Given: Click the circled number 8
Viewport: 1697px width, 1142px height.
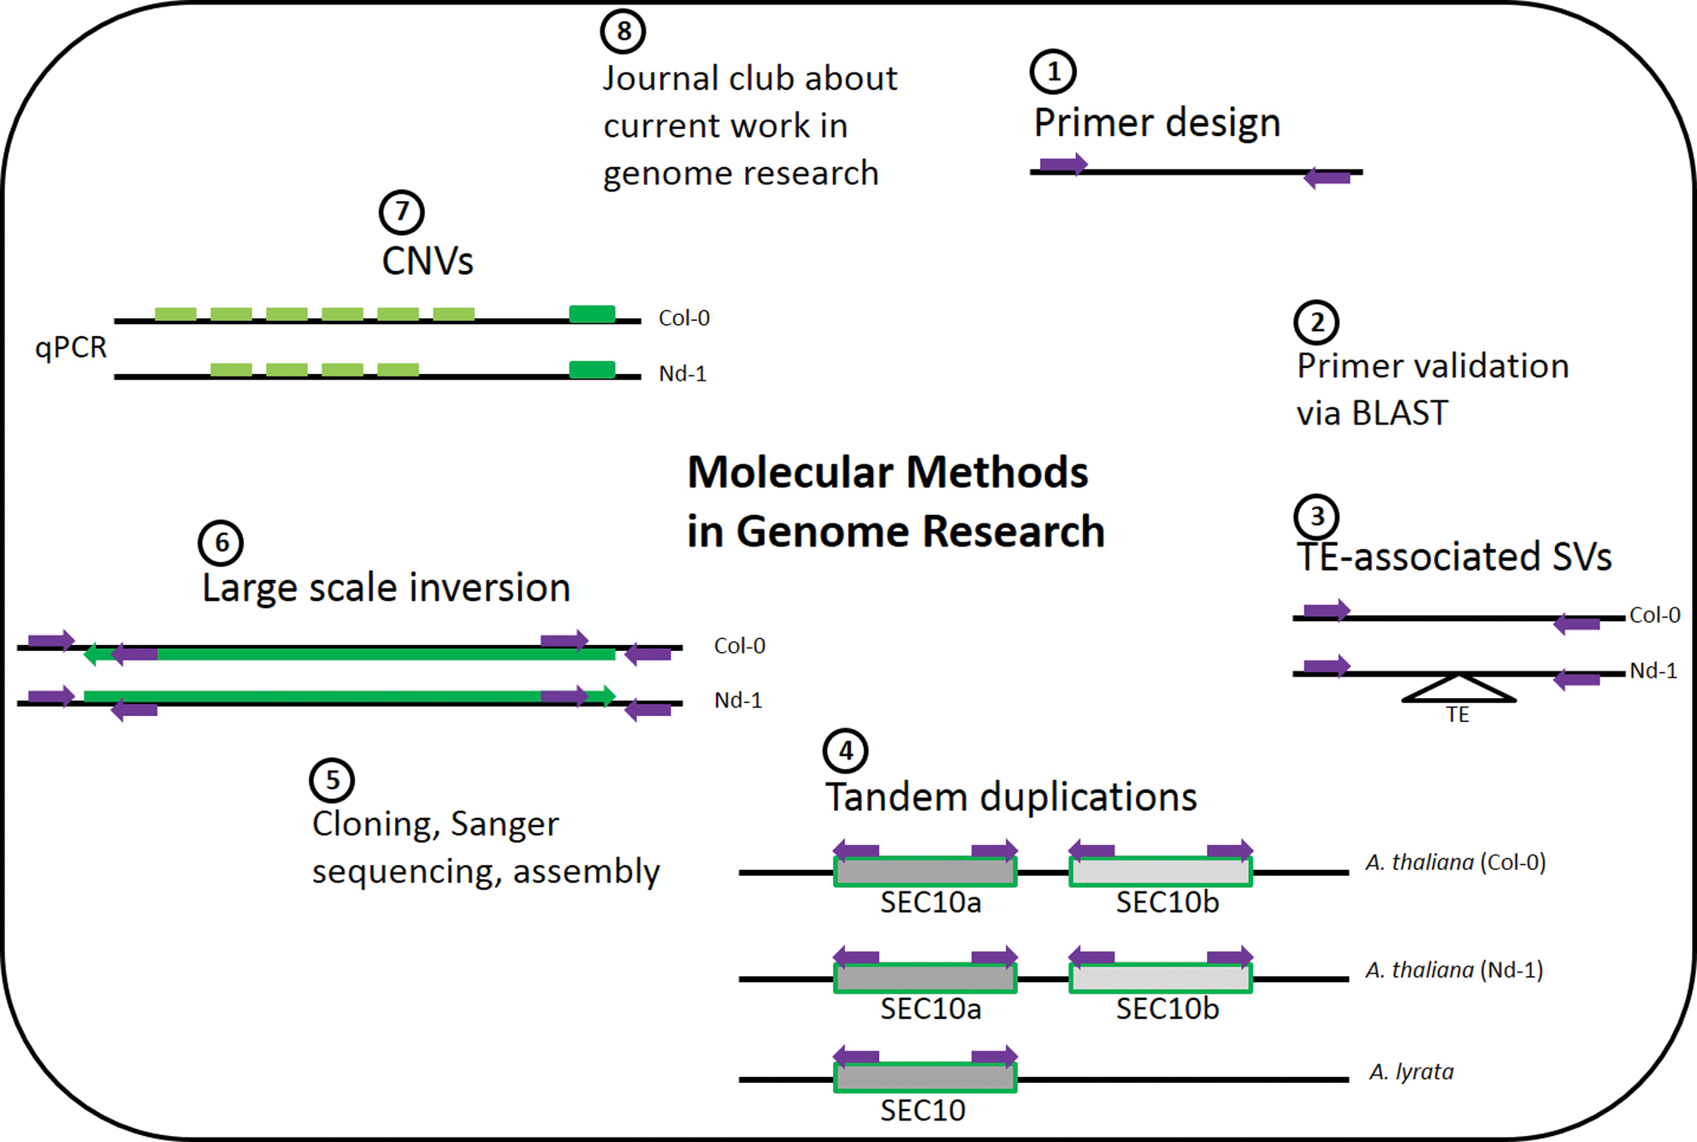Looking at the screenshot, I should click(x=623, y=32).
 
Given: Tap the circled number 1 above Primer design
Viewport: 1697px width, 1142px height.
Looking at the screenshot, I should click(x=1053, y=72).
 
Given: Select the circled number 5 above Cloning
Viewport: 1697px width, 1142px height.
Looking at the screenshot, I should click(x=332, y=780).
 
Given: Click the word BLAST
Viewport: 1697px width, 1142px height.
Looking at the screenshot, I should click(x=1399, y=414).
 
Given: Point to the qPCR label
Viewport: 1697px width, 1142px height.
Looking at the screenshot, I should click(x=71, y=348).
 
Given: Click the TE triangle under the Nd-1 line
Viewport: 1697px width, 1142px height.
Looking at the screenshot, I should click(x=1458, y=689).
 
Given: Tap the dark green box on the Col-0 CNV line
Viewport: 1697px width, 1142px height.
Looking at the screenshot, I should click(x=592, y=314).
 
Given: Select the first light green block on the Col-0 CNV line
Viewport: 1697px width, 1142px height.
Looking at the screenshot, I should click(x=175, y=315).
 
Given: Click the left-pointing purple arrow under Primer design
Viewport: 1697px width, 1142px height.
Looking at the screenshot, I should click(x=1327, y=178).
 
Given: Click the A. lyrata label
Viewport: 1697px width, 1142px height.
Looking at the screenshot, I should click(x=1411, y=1072).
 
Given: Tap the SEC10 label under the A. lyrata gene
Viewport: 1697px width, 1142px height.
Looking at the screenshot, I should click(x=923, y=1110).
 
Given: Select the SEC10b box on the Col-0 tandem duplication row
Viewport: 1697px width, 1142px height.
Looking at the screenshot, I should click(x=1161, y=872).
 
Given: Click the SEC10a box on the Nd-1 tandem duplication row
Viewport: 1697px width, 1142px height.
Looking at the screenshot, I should click(x=925, y=978).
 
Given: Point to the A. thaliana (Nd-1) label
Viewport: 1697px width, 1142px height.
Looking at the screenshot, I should click(x=1454, y=970).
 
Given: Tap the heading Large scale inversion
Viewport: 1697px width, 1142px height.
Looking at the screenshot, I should click(x=386, y=589).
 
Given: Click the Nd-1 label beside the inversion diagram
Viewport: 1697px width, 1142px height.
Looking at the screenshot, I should click(x=737, y=701).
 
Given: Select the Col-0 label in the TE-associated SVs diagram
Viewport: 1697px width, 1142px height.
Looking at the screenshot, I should click(x=1654, y=615).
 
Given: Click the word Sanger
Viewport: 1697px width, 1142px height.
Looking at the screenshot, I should click(x=504, y=825).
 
